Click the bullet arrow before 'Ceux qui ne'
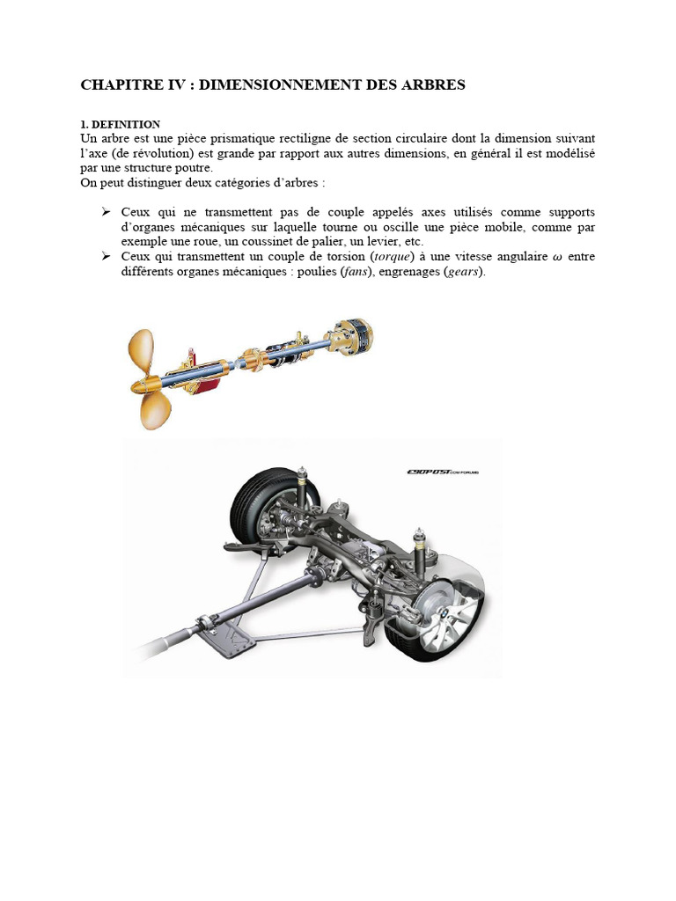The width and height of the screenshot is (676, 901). click(x=106, y=212)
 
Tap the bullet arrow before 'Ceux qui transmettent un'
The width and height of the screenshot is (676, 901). click(x=106, y=256)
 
